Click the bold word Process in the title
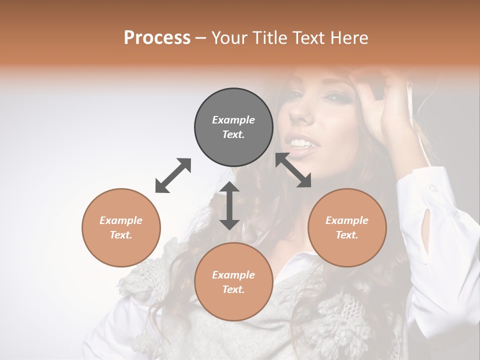pos(157,38)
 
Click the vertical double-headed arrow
pos(229,205)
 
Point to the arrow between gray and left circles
pos(173,175)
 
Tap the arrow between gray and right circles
pos(293,170)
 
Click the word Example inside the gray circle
pos(233,120)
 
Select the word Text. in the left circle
pos(121,235)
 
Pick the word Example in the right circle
pos(347,220)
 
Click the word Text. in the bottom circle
pos(233,289)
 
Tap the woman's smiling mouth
pos(305,145)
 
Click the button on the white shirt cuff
pos(433,188)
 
